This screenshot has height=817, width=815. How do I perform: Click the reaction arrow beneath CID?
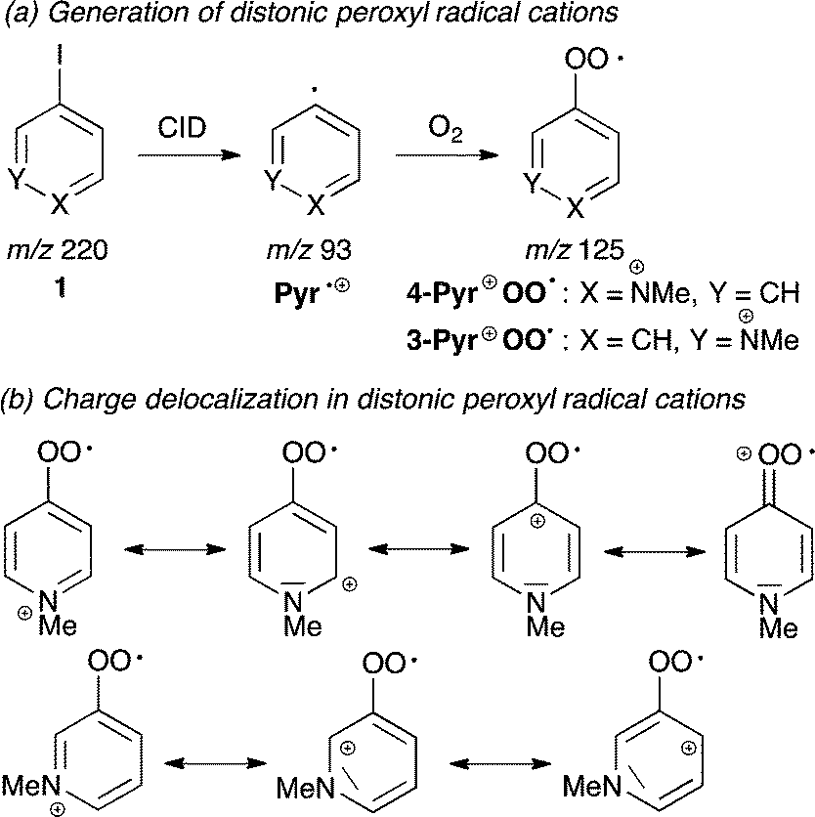pyautogui.click(x=185, y=153)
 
